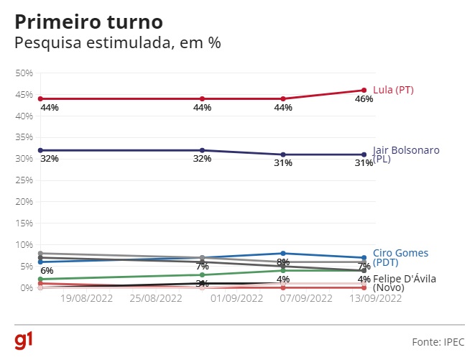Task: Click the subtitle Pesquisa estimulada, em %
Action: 118,42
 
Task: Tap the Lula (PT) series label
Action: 393,90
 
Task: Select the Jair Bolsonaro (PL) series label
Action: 406,154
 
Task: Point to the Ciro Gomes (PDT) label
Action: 400,258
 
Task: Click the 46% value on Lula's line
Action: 364,99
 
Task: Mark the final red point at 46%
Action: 364,90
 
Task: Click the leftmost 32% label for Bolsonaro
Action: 50,158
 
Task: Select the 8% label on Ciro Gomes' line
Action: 283,262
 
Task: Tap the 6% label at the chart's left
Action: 47,270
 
